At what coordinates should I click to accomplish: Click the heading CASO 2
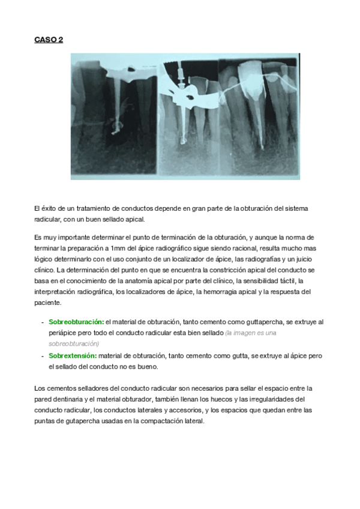click(49, 40)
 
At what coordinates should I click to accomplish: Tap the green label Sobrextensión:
click(73, 355)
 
